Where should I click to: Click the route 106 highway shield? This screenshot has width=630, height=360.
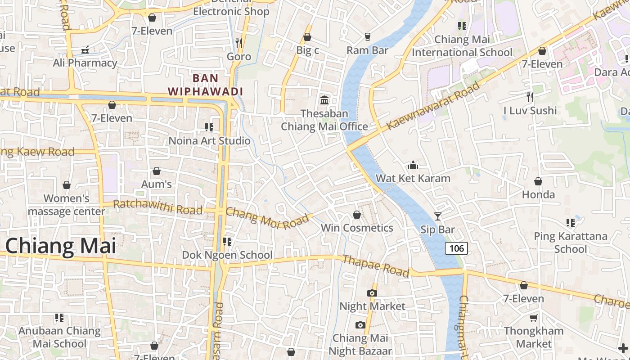point(456,248)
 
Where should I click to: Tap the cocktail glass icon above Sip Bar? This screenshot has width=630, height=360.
point(437,216)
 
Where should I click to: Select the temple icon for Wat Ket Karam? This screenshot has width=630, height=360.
point(413,165)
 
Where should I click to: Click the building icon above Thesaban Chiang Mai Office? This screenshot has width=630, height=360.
point(324,100)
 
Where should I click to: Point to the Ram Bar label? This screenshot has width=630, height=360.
point(367,50)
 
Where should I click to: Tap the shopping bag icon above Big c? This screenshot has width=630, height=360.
point(307,37)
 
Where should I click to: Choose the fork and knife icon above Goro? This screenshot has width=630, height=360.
point(239,43)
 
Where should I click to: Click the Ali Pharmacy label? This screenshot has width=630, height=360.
point(85,63)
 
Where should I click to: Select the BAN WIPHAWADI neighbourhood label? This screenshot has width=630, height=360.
point(205,85)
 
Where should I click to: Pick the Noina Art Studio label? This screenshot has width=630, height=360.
point(209,141)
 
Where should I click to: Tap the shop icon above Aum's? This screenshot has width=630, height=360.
point(157,171)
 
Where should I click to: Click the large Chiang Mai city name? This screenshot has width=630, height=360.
point(61,246)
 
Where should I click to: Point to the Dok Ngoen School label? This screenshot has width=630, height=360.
point(227,255)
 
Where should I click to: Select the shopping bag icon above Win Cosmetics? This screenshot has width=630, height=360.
point(357,215)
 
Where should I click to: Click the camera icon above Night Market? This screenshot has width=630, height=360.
point(372,293)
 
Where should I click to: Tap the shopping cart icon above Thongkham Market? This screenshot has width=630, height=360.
point(533,318)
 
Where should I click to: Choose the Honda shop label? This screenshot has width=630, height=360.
point(538,195)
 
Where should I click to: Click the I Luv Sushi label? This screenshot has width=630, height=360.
point(530,111)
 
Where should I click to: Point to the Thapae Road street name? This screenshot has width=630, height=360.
point(375,265)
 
